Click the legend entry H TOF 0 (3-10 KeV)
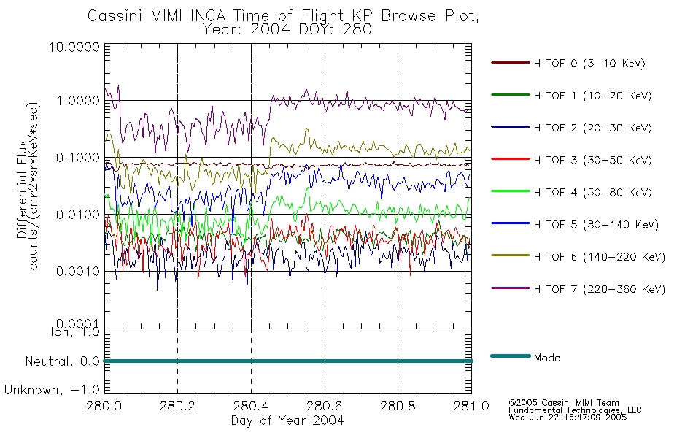589,64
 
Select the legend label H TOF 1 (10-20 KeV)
592,96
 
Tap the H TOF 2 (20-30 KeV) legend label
592,128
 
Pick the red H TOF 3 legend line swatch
511,159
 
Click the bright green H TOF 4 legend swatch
511,191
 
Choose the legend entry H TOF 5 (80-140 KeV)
596,225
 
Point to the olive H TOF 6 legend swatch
511,255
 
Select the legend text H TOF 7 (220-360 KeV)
600,289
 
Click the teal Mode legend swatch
511,356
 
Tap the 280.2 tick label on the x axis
178,406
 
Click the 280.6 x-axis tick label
325,406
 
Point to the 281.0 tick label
471,406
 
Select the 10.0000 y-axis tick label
74,47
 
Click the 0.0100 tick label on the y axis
78,215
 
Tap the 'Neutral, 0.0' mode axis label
63,362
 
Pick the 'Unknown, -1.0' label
52,391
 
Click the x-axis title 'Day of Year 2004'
287,420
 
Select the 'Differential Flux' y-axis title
22,190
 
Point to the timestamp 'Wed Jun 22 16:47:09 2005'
568,418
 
